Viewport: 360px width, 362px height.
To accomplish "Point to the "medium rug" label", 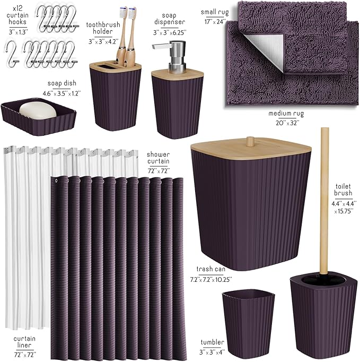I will (284, 114).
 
